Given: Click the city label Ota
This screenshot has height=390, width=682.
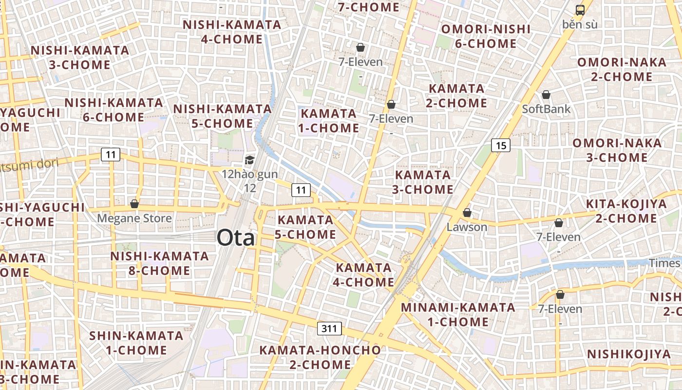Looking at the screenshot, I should point(236,238).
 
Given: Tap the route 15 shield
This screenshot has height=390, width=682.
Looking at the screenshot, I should point(501,145).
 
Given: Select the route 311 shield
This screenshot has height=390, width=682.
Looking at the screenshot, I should point(329,329).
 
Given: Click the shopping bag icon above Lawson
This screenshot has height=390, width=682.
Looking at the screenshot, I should point(467,213).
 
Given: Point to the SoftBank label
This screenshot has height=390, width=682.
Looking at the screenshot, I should point(546,109).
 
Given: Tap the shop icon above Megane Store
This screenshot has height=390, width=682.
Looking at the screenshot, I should point(134,204).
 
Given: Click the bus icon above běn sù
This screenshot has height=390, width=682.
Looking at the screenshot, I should point(580,10).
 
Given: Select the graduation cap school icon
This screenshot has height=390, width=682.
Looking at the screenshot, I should point(249,160).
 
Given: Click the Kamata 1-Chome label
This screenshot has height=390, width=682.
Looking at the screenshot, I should point(330,121).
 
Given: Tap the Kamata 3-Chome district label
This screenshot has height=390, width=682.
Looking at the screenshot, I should point(423,182).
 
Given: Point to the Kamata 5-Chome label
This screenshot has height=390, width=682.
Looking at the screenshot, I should point(305,227).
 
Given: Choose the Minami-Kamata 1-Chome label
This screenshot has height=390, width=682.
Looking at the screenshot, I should point(458,314).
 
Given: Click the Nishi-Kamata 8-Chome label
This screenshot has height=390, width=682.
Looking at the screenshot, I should point(159,263).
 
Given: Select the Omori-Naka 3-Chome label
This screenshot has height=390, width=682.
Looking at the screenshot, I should point(617,150).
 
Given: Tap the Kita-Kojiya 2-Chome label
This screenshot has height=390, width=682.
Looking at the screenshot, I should point(626,211).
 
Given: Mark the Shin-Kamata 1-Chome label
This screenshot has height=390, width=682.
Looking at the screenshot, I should point(136,343).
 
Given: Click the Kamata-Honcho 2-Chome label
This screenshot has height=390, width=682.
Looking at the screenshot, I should point(320,357).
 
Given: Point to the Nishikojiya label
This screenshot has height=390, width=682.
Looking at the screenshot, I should point(628,354).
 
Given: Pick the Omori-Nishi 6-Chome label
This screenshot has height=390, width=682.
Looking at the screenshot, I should point(486,36).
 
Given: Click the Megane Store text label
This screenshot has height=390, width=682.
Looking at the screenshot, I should point(134,218).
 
